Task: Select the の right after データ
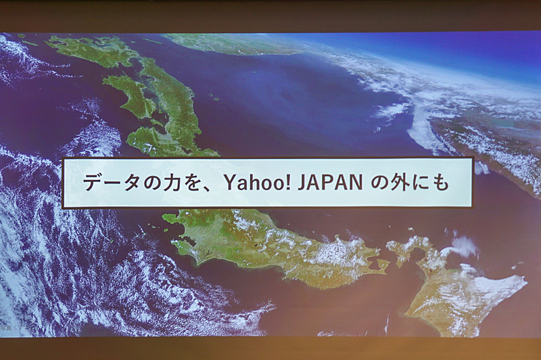click(x=139, y=183)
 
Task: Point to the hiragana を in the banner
click(x=178, y=183)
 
